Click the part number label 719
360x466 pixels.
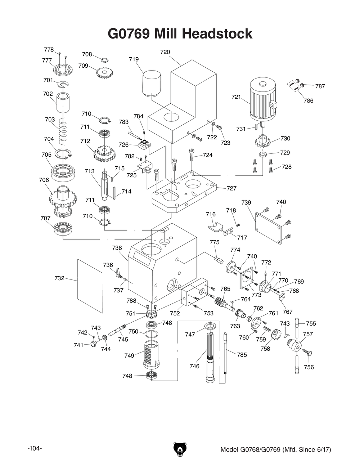134,59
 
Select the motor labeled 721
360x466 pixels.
263,102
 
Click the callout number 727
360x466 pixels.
231,188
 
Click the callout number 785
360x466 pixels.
242,355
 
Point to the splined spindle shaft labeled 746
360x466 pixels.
211,357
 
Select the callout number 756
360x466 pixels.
309,367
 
